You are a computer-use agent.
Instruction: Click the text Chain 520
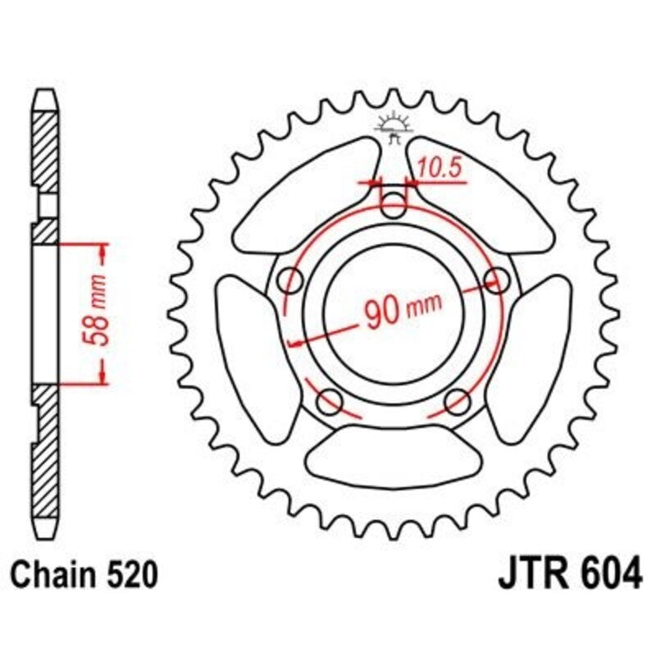tap(83, 576)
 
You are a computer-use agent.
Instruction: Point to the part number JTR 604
tap(569, 575)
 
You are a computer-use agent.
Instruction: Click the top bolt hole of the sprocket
tap(395, 205)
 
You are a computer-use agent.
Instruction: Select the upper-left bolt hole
tap(290, 280)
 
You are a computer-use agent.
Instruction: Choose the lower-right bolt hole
tap(457, 403)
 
